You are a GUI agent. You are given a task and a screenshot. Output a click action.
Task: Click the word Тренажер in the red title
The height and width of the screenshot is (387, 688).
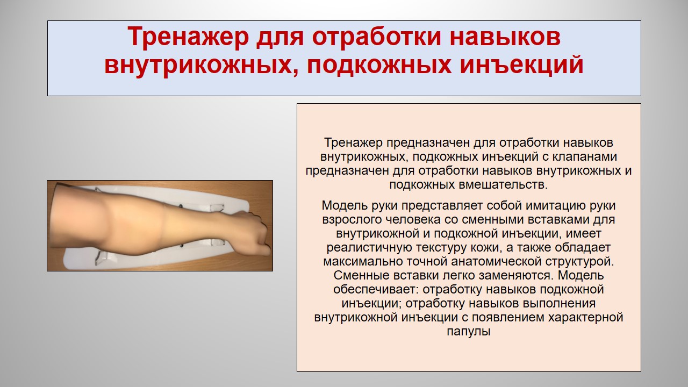[x=188, y=37]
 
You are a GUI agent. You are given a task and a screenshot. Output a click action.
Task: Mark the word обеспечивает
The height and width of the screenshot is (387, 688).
[x=376, y=289]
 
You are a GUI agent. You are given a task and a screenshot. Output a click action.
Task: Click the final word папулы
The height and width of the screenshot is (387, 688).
[x=468, y=332]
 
